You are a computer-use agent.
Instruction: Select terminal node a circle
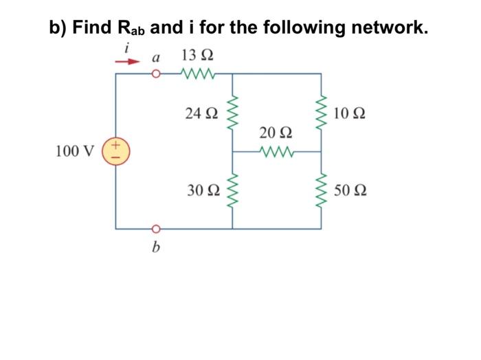(x=156, y=73)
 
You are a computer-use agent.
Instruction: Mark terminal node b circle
(x=156, y=228)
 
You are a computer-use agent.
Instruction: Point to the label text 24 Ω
(x=201, y=112)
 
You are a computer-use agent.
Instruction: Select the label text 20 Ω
(x=277, y=133)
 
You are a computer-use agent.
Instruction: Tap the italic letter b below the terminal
(x=156, y=247)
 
